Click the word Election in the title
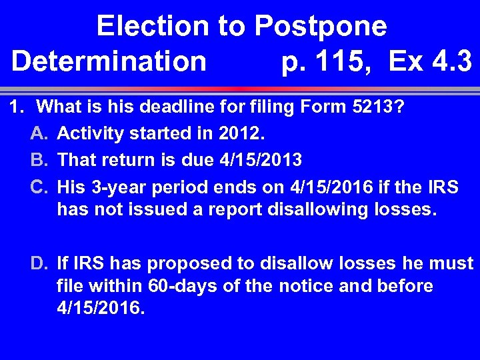(x=151, y=27)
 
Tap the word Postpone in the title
(x=321, y=27)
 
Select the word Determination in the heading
(x=109, y=62)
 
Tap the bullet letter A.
(x=39, y=134)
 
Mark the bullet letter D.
(x=39, y=263)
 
